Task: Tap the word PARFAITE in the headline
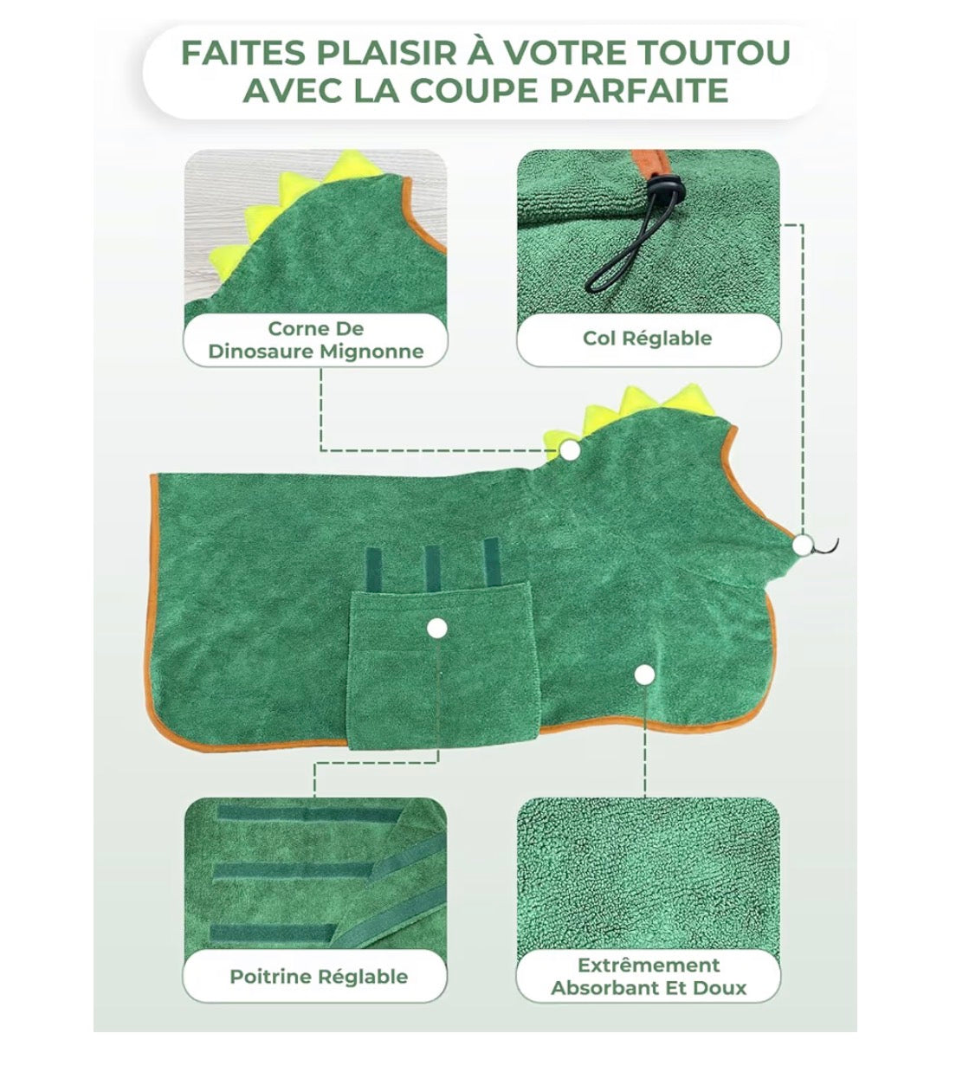[x=639, y=90]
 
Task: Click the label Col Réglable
[x=647, y=338]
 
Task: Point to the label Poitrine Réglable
[x=319, y=976]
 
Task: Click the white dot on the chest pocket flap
[x=437, y=628]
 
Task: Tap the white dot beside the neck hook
[x=802, y=546]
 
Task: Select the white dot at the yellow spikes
[x=571, y=450]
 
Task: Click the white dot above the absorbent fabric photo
[x=645, y=675]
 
